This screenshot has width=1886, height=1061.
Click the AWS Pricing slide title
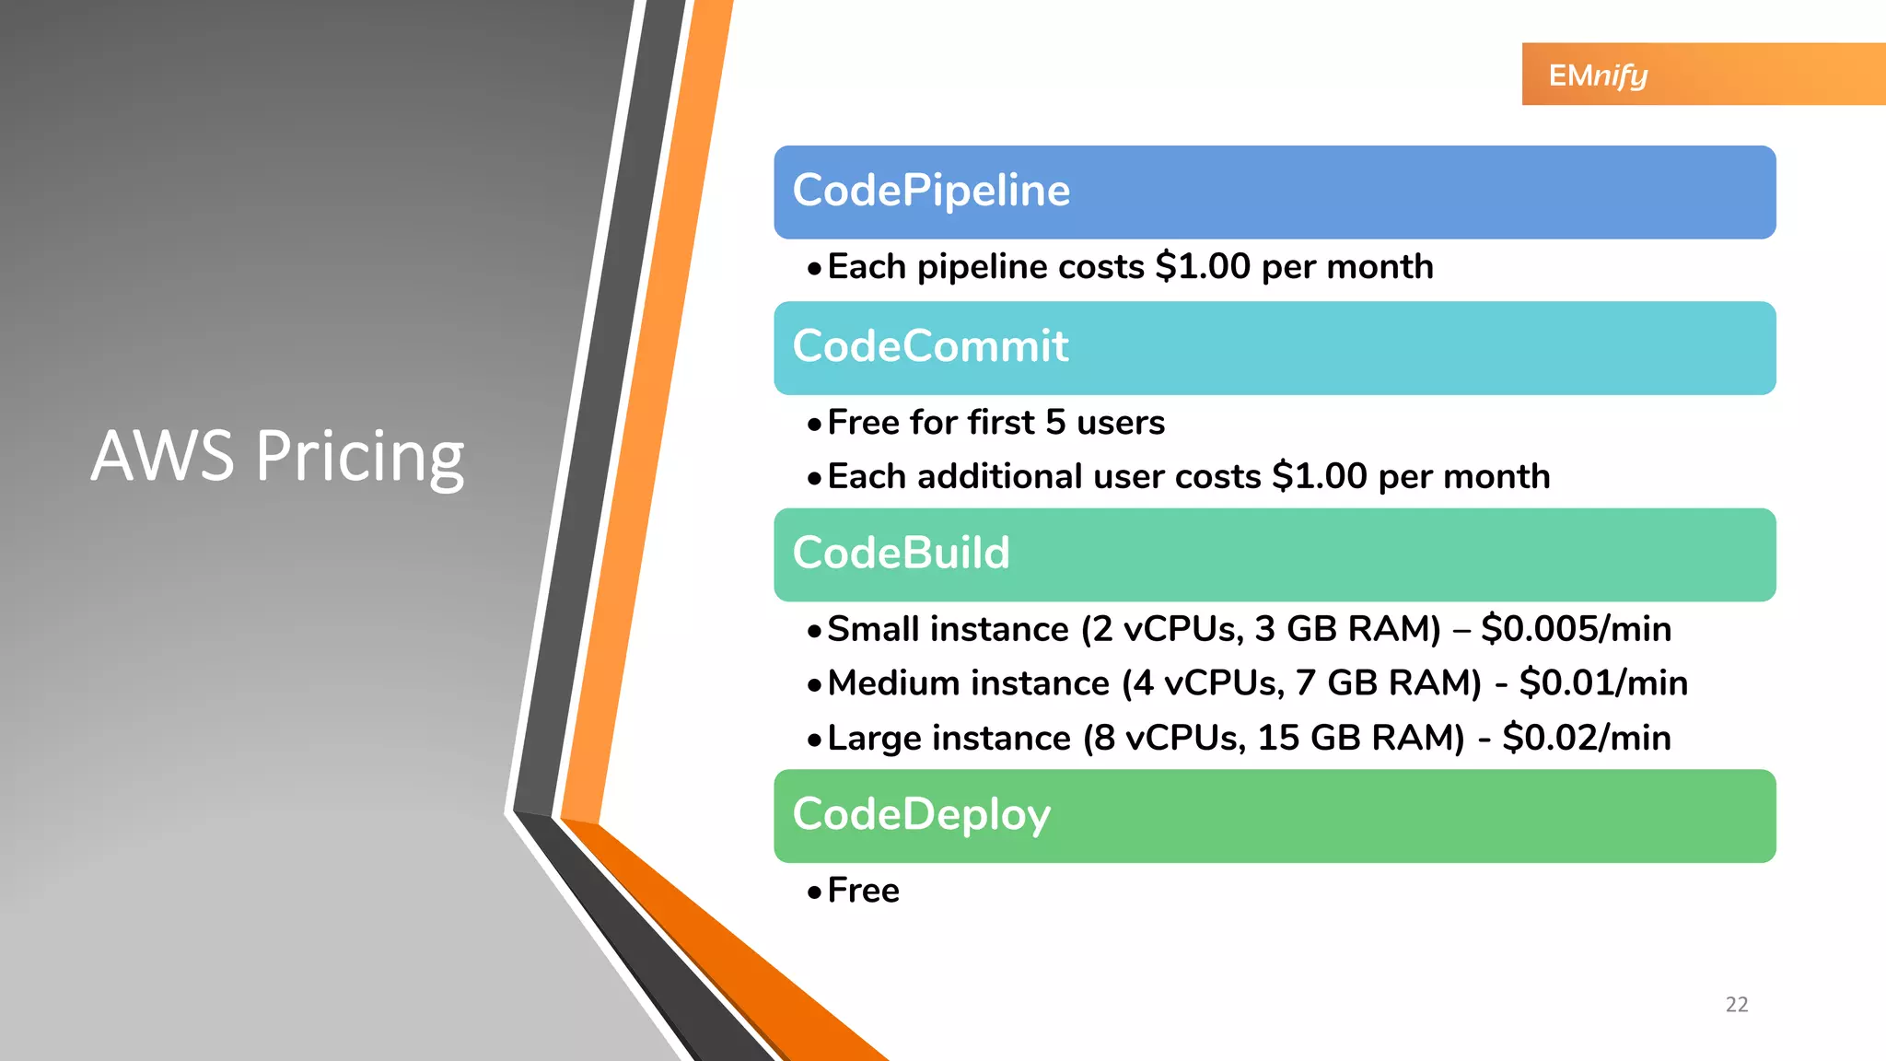click(x=277, y=456)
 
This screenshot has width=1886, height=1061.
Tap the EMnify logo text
click(x=1598, y=75)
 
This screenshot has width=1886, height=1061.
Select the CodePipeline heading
click(x=931, y=191)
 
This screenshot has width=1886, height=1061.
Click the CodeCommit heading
click(x=930, y=346)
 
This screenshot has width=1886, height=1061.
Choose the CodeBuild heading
click(x=901, y=554)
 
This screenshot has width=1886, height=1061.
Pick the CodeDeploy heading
click(x=921, y=815)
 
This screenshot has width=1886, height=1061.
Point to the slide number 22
click(x=1736, y=1004)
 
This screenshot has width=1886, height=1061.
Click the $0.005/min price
click(x=1576, y=629)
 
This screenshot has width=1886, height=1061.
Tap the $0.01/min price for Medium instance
click(x=1603, y=683)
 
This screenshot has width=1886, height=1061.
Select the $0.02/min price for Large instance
click(x=1586, y=738)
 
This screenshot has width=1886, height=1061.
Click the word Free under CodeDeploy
click(x=863, y=891)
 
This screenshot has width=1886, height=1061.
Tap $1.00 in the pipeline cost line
click(x=1203, y=267)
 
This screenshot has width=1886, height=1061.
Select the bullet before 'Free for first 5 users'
click(x=813, y=425)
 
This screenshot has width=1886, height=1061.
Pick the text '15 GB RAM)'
click(x=1360, y=739)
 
